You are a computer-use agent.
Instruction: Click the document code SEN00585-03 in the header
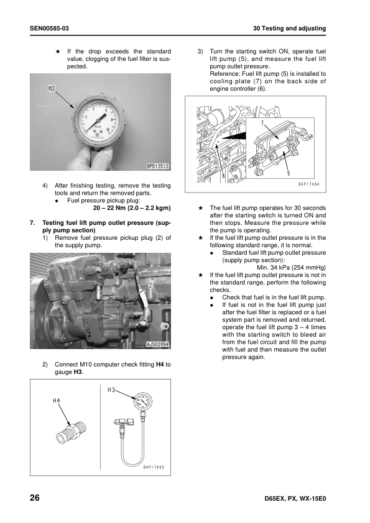click(49, 29)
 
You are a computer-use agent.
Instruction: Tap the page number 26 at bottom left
click(34, 498)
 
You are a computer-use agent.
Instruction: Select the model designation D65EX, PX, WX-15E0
click(295, 499)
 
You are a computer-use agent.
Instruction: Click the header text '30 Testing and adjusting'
click(289, 29)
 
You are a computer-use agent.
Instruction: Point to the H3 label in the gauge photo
click(52, 88)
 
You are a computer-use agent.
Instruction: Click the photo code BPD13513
click(157, 166)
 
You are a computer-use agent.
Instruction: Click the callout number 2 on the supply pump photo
click(150, 285)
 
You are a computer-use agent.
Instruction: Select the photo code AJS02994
click(157, 344)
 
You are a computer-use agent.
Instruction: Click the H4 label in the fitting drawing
click(57, 401)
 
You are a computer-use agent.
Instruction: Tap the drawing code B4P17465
click(154, 467)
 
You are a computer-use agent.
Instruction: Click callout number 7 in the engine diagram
click(262, 124)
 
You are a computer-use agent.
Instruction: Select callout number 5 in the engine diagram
click(289, 173)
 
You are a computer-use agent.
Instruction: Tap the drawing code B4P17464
click(308, 184)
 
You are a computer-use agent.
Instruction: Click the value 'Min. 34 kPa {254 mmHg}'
click(291, 268)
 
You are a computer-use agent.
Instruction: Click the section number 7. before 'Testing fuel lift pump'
click(32, 223)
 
